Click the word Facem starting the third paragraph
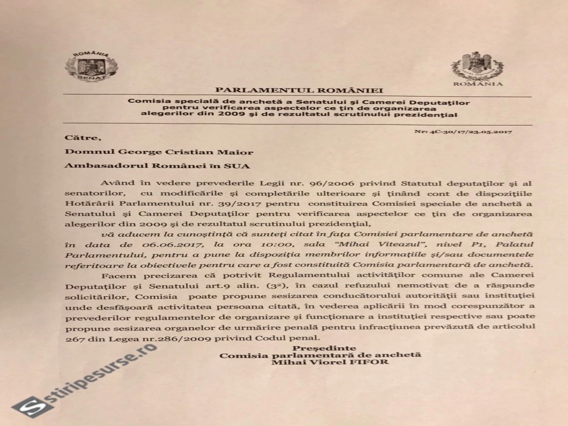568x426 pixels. (114, 275)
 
